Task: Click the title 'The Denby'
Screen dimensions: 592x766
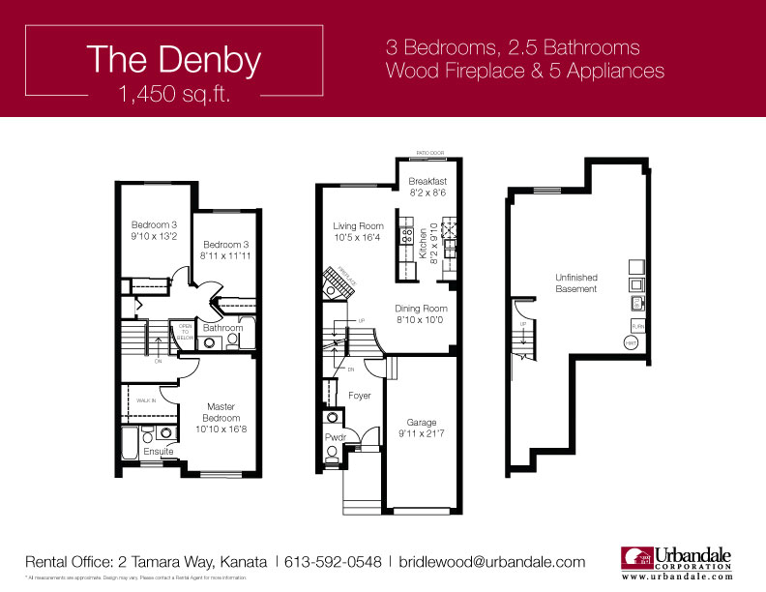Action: click(173, 60)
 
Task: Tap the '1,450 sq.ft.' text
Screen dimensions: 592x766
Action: click(173, 95)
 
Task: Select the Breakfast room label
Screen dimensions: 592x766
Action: click(427, 182)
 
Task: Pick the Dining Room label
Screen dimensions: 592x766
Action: click(421, 309)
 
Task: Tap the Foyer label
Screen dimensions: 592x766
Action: click(360, 396)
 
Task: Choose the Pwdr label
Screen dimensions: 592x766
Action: click(335, 438)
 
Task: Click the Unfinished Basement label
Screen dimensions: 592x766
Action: click(575, 282)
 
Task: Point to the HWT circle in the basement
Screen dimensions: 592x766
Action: click(630, 342)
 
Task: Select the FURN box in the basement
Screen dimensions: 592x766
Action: click(638, 327)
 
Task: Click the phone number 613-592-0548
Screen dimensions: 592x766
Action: click(332, 561)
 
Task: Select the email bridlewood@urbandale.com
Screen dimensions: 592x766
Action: click(491, 561)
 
